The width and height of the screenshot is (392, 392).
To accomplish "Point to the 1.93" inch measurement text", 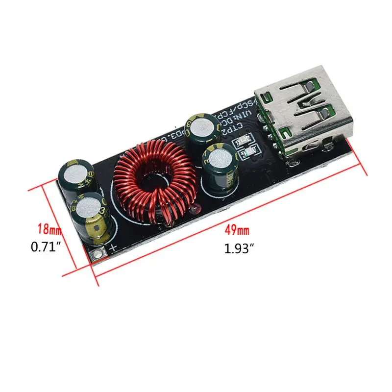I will click(x=239, y=249).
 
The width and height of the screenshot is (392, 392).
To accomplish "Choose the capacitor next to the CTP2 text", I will click(x=198, y=130).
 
